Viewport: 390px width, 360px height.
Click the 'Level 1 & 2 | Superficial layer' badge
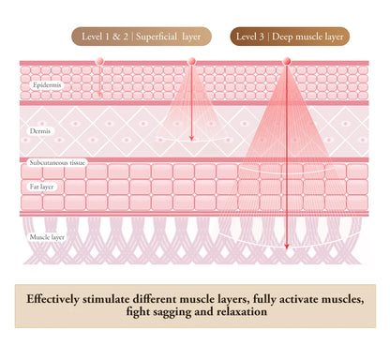[142, 37]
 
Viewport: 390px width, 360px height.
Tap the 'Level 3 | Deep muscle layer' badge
[290, 37]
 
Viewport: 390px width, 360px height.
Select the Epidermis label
[47, 85]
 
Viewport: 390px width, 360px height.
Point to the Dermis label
[40, 131]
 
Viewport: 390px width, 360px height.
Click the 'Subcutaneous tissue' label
[57, 163]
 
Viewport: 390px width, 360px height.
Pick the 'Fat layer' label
[41, 187]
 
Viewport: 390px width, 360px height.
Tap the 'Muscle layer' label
[47, 237]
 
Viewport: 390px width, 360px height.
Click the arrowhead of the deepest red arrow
[287, 247]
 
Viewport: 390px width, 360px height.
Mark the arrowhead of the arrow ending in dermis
[192, 138]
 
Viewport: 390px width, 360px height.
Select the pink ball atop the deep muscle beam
[287, 61]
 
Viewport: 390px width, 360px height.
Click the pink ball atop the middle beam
[192, 61]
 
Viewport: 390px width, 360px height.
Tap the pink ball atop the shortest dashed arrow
[99, 61]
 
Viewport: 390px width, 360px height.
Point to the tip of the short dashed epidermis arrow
[99, 96]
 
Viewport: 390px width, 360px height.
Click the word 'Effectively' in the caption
[52, 299]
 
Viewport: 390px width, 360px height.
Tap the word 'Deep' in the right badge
[282, 37]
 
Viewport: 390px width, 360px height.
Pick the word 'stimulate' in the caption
[106, 299]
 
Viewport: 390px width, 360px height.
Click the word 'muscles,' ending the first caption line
[343, 299]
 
